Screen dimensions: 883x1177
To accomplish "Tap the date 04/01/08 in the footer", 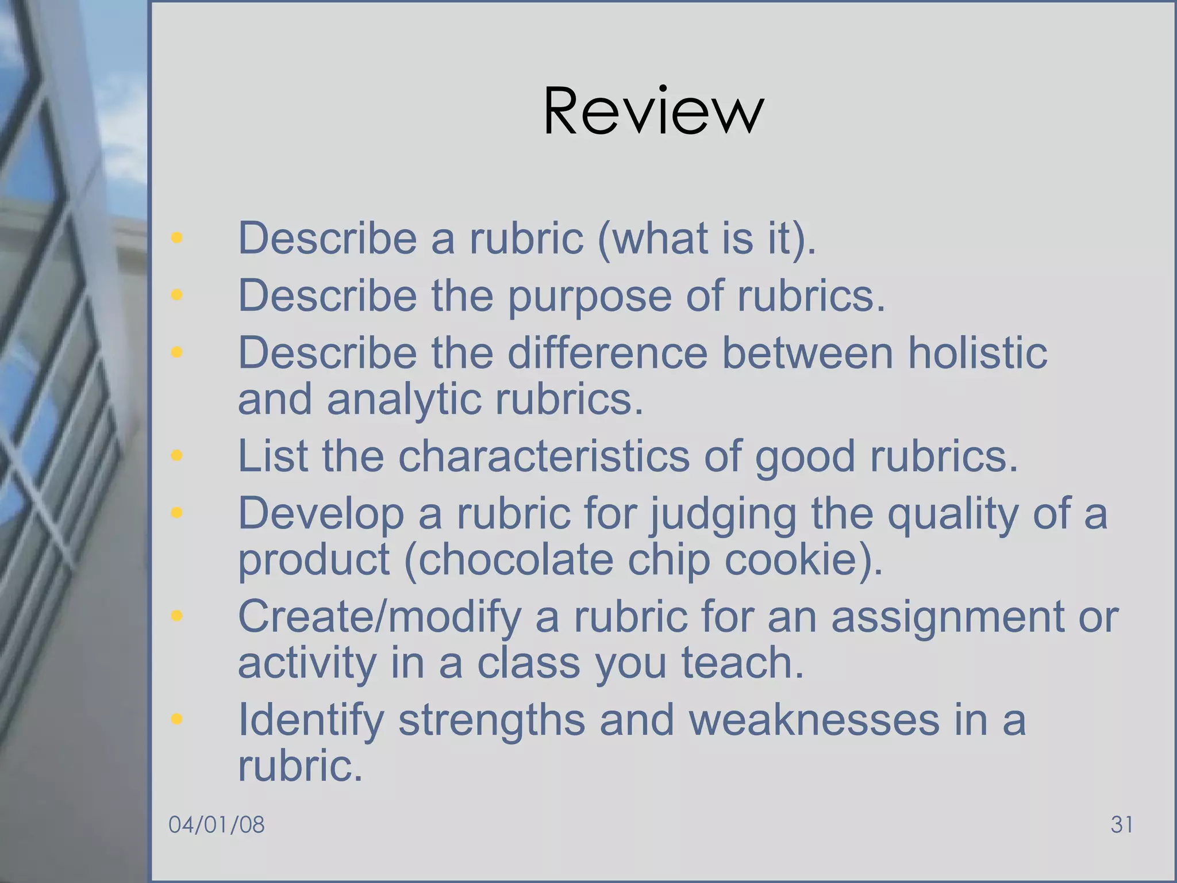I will coord(217,824).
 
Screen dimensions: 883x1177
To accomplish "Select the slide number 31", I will coord(1121,824).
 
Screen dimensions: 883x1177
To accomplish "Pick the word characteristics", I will coord(544,456).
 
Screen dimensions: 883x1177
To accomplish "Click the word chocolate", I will coord(516,559).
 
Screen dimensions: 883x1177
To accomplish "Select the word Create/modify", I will coord(380,616).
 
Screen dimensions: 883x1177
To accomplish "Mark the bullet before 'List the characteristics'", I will coord(176,455).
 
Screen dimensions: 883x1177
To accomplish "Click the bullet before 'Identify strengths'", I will coord(176,719).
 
